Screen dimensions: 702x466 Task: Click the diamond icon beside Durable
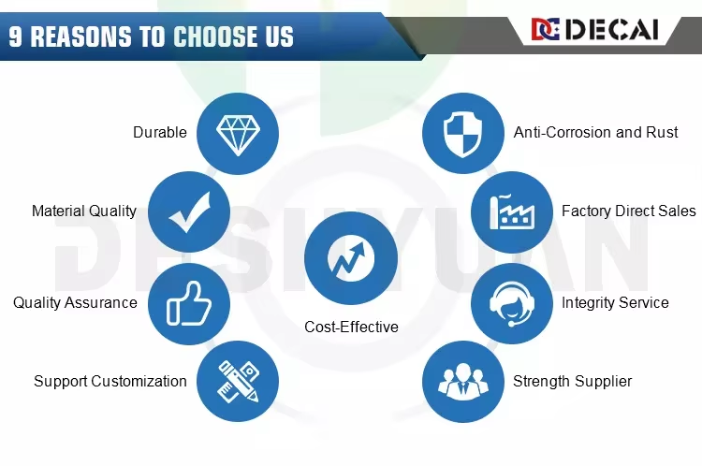click(x=238, y=135)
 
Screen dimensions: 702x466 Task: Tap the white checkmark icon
click(x=190, y=211)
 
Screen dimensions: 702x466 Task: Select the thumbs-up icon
click(x=188, y=303)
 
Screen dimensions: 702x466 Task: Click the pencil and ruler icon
click(x=238, y=382)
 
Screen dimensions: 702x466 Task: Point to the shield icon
click(x=463, y=134)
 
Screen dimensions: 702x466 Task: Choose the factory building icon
click(x=512, y=211)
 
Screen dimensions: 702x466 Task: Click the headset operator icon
click(x=512, y=303)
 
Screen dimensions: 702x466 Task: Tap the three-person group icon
click(x=463, y=382)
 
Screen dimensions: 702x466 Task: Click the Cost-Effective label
click(x=351, y=327)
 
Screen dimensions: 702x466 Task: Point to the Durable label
click(x=160, y=132)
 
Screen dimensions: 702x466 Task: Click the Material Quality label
click(x=84, y=211)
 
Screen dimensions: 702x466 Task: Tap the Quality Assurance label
click(x=75, y=302)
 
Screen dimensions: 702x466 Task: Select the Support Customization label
click(x=110, y=381)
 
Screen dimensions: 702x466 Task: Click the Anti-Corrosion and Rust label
click(x=595, y=132)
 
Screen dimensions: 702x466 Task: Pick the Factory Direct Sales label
click(x=629, y=211)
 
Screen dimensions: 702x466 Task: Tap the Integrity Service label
click(x=615, y=302)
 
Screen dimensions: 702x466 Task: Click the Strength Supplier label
click(x=572, y=381)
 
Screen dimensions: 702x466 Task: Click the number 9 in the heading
click(x=15, y=36)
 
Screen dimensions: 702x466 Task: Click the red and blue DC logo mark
click(x=546, y=30)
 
